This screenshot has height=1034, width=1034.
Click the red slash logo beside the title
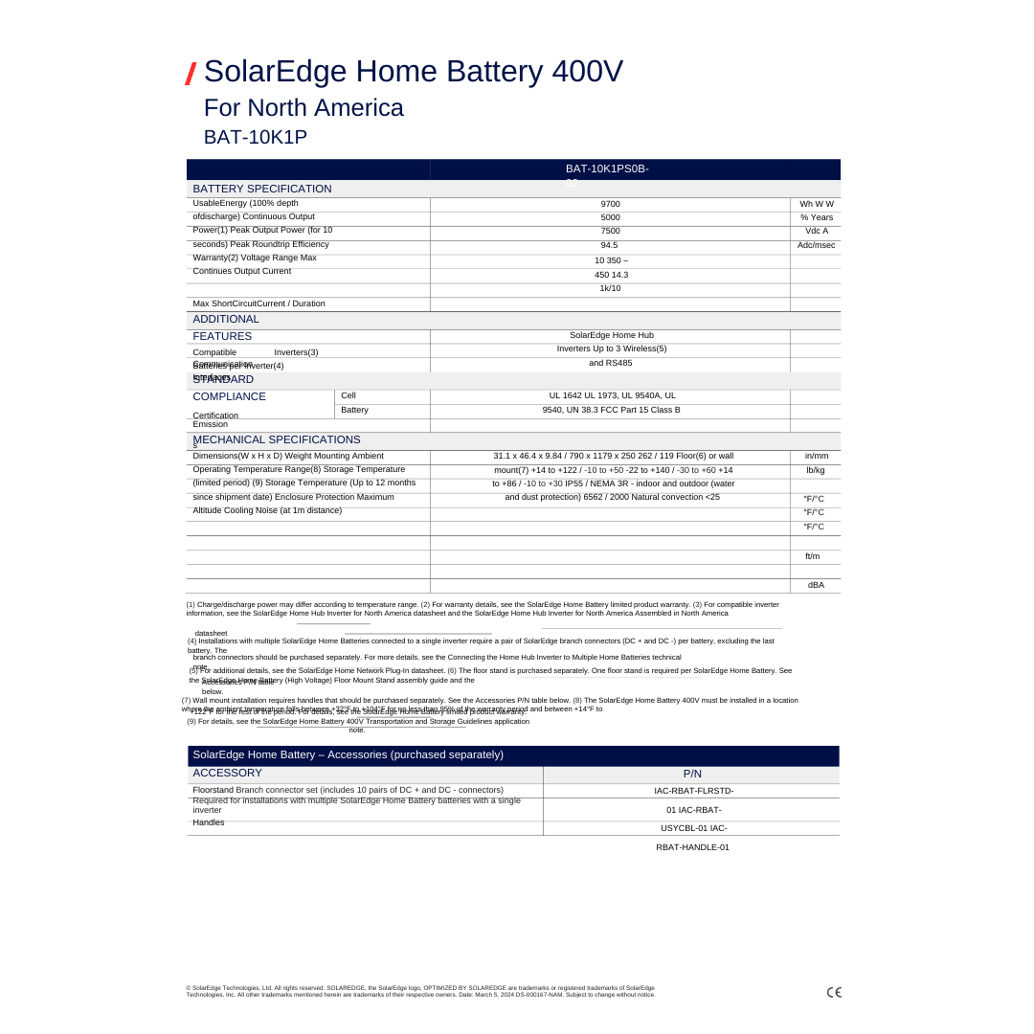[191, 74]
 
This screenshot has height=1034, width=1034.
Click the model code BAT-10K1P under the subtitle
[255, 137]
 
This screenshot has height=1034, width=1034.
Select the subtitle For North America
[303, 107]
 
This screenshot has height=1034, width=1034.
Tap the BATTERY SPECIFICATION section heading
[261, 189]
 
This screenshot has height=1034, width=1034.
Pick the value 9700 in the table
[610, 204]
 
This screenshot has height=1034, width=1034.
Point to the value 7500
[610, 231]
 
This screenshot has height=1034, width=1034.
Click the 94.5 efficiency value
[609, 245]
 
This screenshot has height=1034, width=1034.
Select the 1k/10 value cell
[610, 288]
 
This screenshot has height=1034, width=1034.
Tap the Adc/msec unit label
[816, 245]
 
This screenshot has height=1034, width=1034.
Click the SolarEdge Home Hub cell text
[611, 335]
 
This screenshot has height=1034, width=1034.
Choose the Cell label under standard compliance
[348, 395]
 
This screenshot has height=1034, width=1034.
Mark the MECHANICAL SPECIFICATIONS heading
[277, 439]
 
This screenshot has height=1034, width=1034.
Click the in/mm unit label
[816, 456]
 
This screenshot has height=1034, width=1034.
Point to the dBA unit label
[816, 585]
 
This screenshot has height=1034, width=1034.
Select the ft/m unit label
[812, 556]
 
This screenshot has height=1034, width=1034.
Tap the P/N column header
[692, 774]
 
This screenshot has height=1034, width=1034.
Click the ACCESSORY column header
[227, 773]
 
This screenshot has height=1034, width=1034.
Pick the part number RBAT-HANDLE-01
[692, 847]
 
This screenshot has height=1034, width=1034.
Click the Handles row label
[209, 822]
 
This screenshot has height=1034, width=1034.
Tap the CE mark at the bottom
[834, 992]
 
